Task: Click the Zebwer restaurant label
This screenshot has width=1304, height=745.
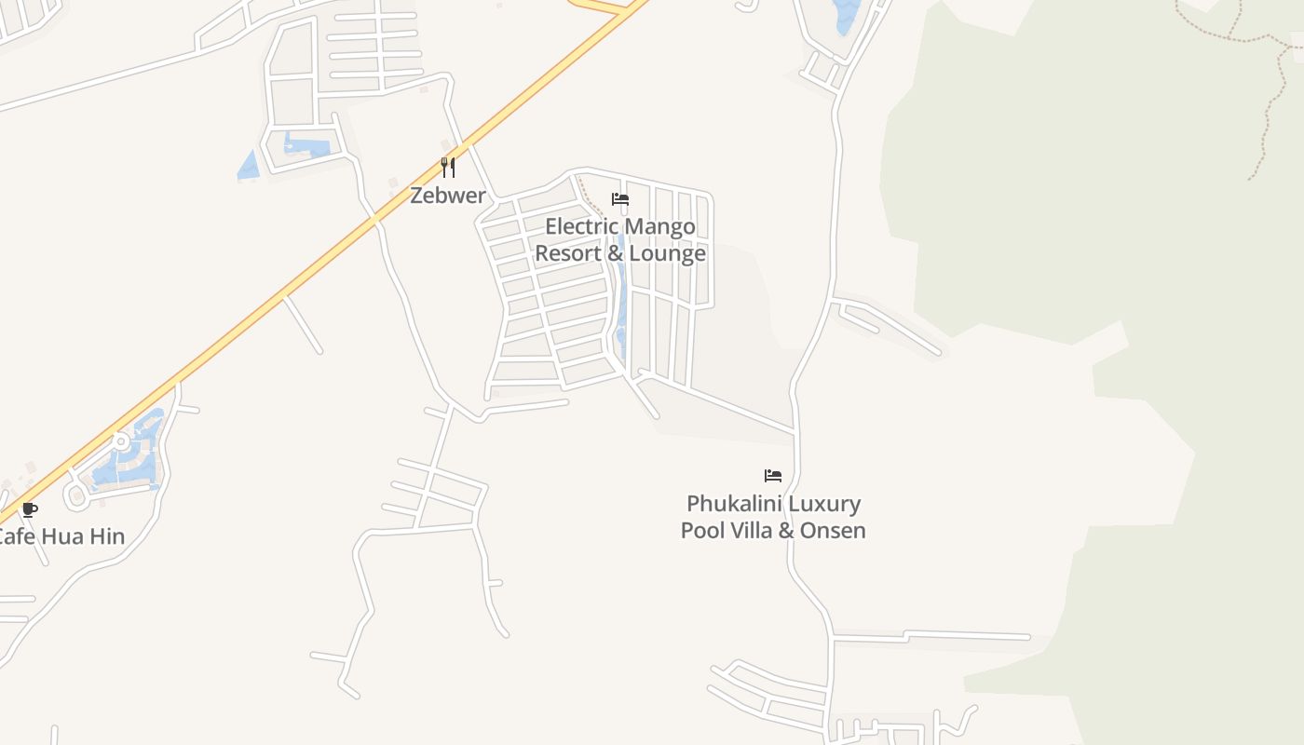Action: (448, 196)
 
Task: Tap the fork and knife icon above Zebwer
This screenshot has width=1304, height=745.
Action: (448, 168)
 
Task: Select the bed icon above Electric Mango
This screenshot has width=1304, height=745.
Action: (620, 199)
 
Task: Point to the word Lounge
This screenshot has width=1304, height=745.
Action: (667, 253)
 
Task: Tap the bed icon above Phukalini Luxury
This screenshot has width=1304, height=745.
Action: (773, 476)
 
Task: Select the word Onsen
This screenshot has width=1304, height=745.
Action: (835, 531)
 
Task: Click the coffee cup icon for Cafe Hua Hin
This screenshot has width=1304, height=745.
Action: (30, 509)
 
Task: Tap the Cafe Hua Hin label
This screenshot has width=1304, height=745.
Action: (60, 537)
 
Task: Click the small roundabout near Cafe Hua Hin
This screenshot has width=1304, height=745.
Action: (120, 441)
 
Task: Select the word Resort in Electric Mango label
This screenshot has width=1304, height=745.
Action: (566, 253)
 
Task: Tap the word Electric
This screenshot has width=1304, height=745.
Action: (581, 226)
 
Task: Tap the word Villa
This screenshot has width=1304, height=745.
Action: (753, 531)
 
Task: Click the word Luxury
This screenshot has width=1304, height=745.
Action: (823, 504)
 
